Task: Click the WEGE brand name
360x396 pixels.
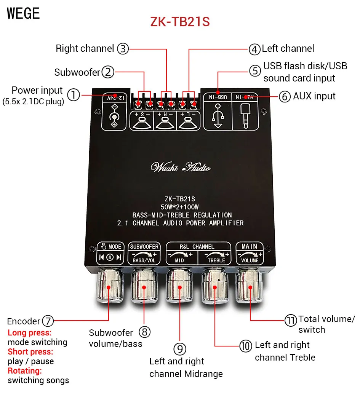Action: [23, 13]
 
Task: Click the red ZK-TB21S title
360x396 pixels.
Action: [180, 22]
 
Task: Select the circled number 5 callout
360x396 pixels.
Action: [255, 71]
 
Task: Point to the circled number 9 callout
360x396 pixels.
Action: [179, 349]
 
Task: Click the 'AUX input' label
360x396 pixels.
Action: [314, 96]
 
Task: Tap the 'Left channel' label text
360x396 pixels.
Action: [288, 49]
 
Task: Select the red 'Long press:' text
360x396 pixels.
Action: [30, 333]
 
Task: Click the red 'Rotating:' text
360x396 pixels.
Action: [25, 370]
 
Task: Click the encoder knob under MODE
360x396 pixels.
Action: [109, 286]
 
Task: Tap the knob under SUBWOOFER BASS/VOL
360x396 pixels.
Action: [144, 286]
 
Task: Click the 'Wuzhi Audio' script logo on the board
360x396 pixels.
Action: [181, 167]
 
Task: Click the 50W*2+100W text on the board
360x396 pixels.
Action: [180, 207]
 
